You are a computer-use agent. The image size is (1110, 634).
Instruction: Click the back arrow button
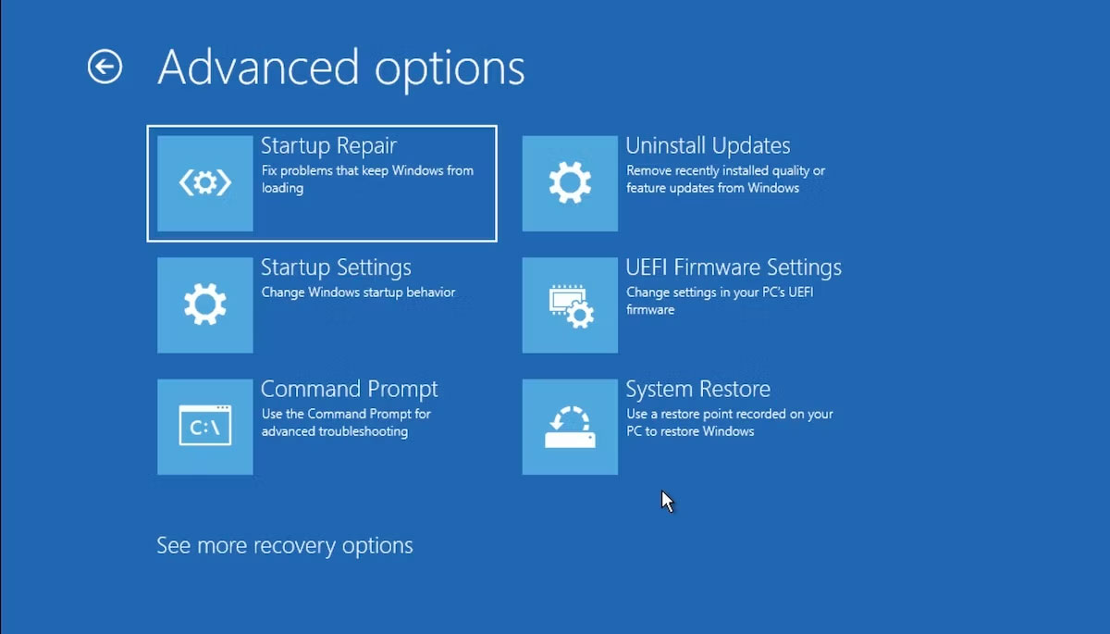(105, 67)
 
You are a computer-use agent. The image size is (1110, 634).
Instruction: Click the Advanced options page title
(340, 68)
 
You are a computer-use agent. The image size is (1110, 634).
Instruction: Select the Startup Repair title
(328, 145)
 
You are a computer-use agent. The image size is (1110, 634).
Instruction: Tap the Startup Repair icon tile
(205, 183)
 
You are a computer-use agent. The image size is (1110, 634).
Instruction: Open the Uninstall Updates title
(708, 145)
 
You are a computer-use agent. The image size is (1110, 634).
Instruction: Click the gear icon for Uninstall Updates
(570, 183)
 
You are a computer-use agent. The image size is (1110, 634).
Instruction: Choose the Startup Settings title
(336, 267)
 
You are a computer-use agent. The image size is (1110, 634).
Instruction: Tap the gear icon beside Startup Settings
(205, 305)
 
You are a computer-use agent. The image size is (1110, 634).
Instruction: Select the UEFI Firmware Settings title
(734, 267)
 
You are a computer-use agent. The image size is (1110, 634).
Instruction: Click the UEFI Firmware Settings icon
(570, 305)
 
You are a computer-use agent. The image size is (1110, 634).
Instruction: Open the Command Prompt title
(349, 389)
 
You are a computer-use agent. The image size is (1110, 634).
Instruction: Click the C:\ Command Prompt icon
(205, 427)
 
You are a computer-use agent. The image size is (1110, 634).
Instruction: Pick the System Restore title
(697, 389)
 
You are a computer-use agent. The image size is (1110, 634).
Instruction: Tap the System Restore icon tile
(570, 427)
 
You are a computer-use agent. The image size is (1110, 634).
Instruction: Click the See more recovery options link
(284, 545)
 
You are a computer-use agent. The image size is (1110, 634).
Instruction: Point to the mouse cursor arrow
(667, 501)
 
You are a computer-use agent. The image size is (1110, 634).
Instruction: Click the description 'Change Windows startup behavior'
(358, 292)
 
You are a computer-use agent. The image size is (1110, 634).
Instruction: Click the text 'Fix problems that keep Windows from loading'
(366, 179)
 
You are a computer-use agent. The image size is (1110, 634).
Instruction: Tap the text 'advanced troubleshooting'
(334, 431)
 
